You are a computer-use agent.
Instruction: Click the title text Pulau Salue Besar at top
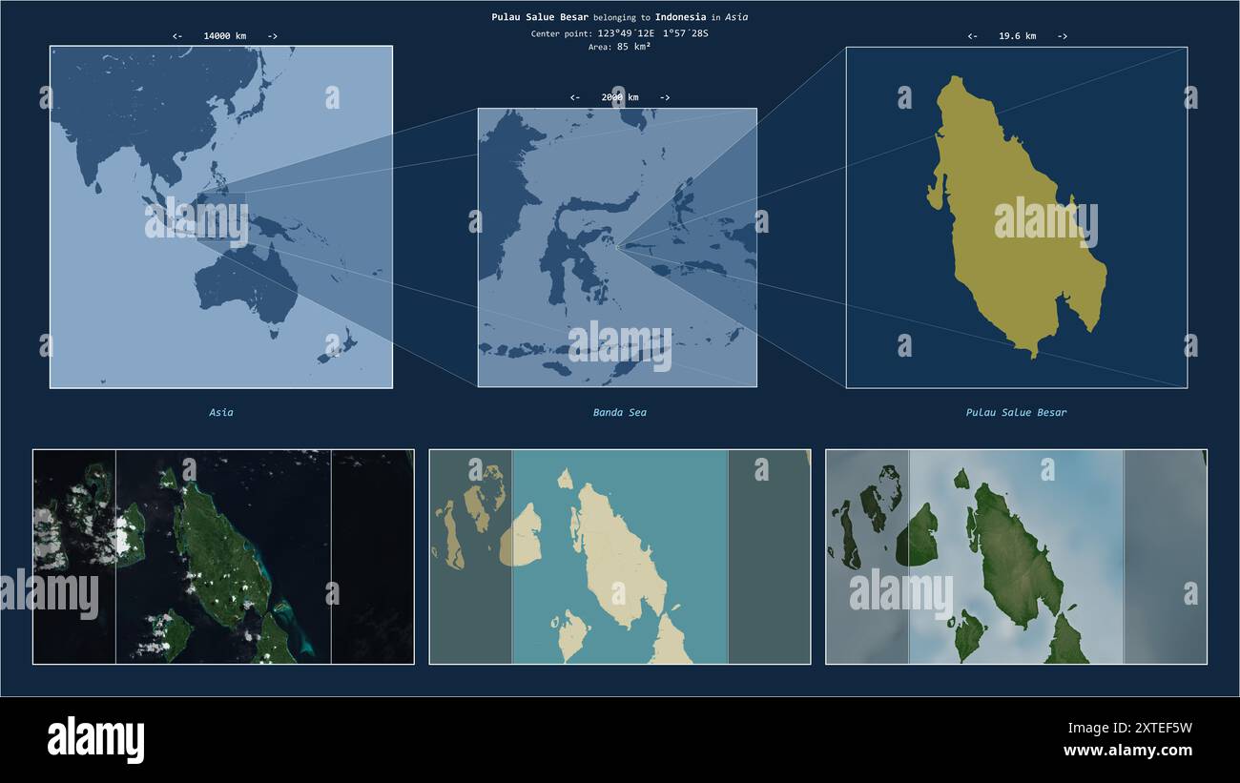click(x=540, y=17)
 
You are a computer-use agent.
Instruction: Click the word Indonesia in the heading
click(x=680, y=17)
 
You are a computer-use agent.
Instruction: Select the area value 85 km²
click(x=633, y=47)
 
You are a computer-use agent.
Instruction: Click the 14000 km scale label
click(x=224, y=36)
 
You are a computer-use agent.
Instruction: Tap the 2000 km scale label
click(x=620, y=97)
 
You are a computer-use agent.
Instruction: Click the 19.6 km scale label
click(x=1017, y=36)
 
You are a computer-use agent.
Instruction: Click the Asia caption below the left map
click(x=221, y=413)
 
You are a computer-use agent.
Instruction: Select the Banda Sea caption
click(x=619, y=413)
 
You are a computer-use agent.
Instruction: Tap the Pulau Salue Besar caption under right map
click(x=1016, y=413)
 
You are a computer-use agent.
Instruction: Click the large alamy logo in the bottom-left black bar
click(x=95, y=739)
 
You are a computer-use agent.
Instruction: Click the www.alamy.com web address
click(x=1127, y=751)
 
